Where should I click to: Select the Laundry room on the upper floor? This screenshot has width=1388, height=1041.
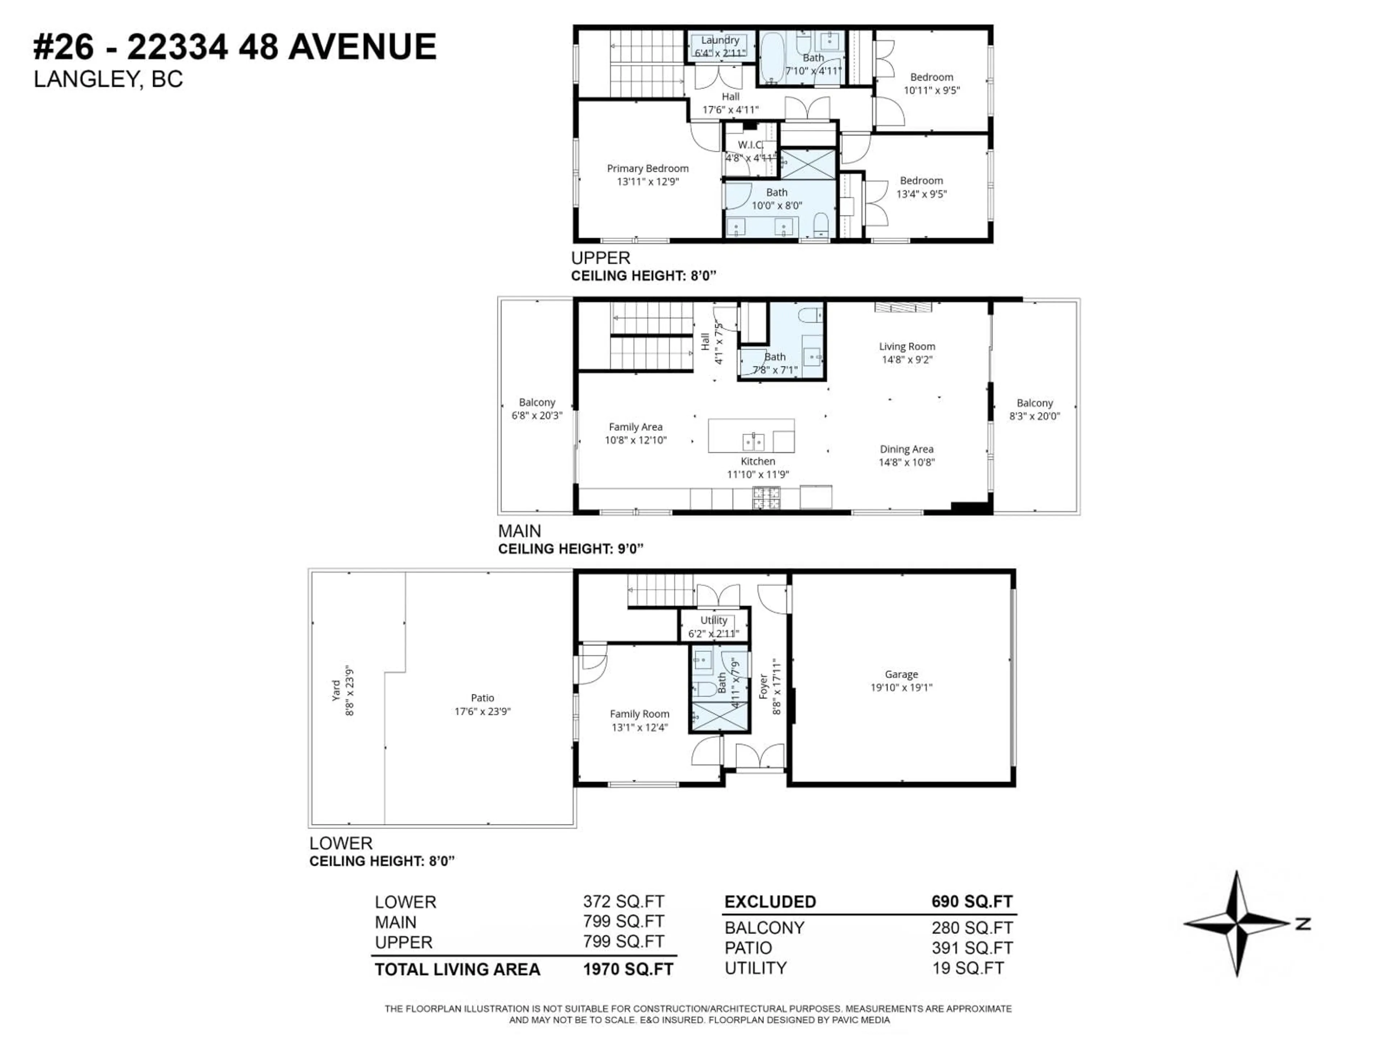[720, 46]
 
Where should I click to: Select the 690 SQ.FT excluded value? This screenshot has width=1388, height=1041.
[971, 902]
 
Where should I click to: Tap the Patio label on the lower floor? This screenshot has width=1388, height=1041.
[482, 698]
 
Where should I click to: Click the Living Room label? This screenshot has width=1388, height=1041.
[907, 346]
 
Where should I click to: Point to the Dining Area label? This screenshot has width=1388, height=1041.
[906, 449]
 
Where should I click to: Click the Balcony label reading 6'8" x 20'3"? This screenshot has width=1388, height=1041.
[536, 408]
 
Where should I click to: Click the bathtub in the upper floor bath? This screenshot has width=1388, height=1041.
[772, 58]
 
